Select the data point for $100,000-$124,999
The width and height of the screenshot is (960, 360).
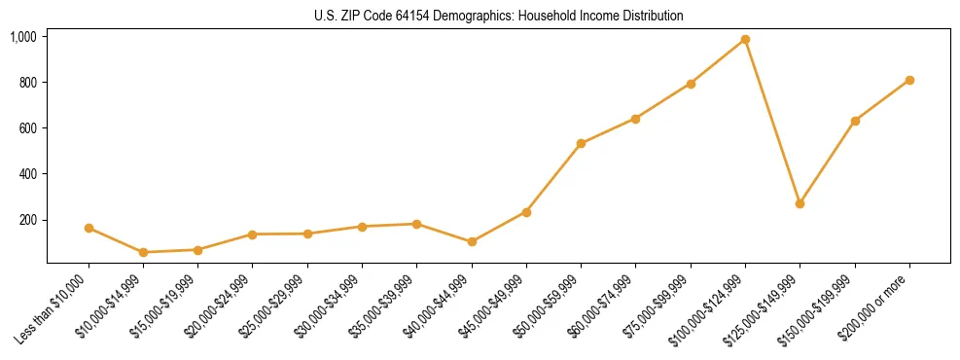point(745,40)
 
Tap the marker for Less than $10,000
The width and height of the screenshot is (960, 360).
point(89,228)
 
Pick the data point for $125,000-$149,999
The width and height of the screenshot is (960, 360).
point(800,203)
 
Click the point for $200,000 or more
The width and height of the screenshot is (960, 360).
point(909,80)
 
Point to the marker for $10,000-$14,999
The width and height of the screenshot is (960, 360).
point(143,252)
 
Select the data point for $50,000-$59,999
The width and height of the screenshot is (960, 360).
point(581,143)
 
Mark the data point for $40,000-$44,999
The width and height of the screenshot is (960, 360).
point(472,241)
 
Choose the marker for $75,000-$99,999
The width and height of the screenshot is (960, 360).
point(691,84)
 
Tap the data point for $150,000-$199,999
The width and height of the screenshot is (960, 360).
point(855,121)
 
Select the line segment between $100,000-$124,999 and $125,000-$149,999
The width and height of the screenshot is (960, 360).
point(772,122)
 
